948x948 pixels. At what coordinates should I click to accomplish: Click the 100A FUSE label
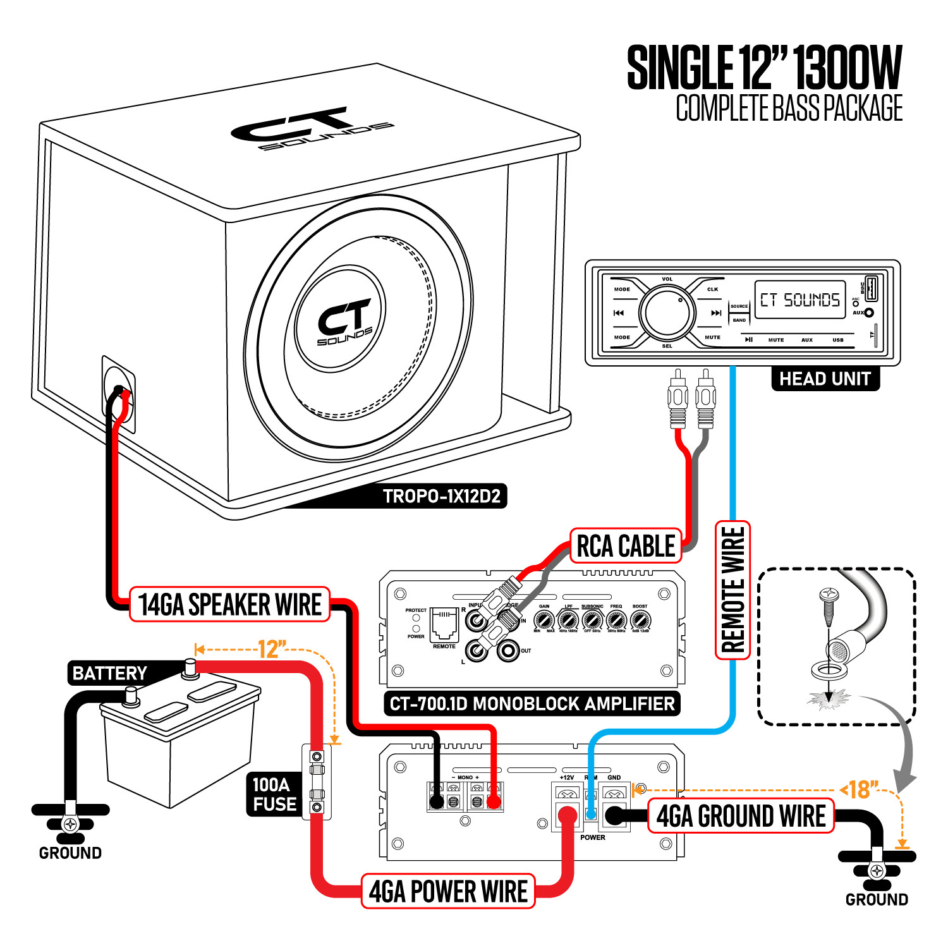(x=274, y=794)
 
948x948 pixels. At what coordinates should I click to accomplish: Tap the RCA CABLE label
(x=626, y=546)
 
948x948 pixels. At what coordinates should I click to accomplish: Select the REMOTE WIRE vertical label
(x=732, y=590)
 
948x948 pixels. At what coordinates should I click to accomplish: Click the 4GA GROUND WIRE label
(x=741, y=816)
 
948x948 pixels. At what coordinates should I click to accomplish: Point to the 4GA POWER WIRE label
(x=448, y=892)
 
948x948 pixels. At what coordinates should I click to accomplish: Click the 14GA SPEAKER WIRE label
(x=230, y=605)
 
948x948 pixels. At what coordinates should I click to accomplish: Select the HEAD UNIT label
(x=825, y=379)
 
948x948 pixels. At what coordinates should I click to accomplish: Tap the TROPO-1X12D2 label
(x=442, y=496)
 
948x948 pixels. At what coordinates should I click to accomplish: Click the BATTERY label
(x=109, y=673)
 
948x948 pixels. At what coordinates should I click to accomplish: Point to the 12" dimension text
(x=272, y=649)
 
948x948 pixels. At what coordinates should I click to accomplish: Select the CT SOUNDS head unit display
(x=799, y=300)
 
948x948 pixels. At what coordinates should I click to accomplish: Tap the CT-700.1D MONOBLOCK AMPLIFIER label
(x=532, y=703)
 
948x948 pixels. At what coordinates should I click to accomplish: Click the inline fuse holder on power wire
(x=317, y=782)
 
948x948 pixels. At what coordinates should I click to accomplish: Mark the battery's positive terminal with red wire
(x=189, y=667)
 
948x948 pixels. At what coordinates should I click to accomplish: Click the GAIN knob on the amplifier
(x=544, y=620)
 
